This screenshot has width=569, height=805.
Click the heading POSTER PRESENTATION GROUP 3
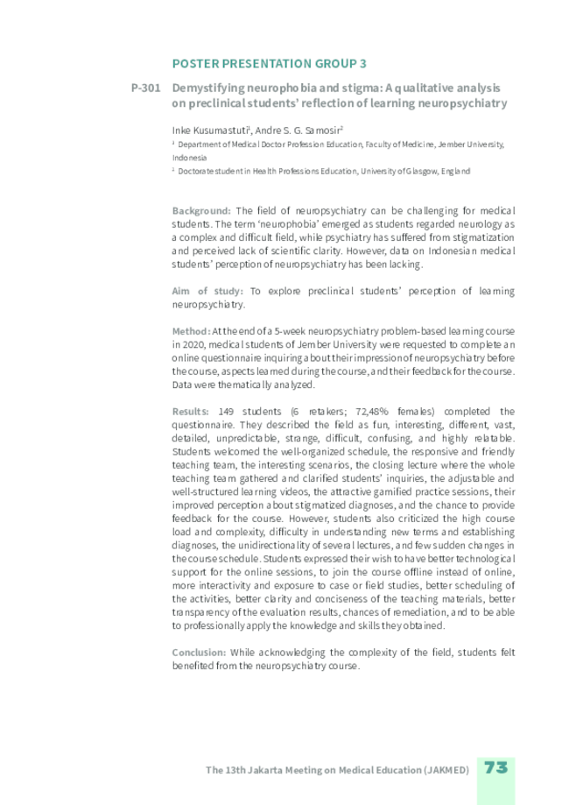tap(269, 64)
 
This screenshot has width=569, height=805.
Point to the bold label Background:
tap(201, 211)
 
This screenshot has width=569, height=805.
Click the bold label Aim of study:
tap(208, 291)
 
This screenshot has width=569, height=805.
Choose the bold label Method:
tap(191, 331)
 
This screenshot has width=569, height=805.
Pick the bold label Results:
tap(190, 411)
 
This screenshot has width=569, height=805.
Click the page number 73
tap(496, 768)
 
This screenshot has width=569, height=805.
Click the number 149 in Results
tap(226, 411)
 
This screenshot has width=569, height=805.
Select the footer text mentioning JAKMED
tap(338, 770)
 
